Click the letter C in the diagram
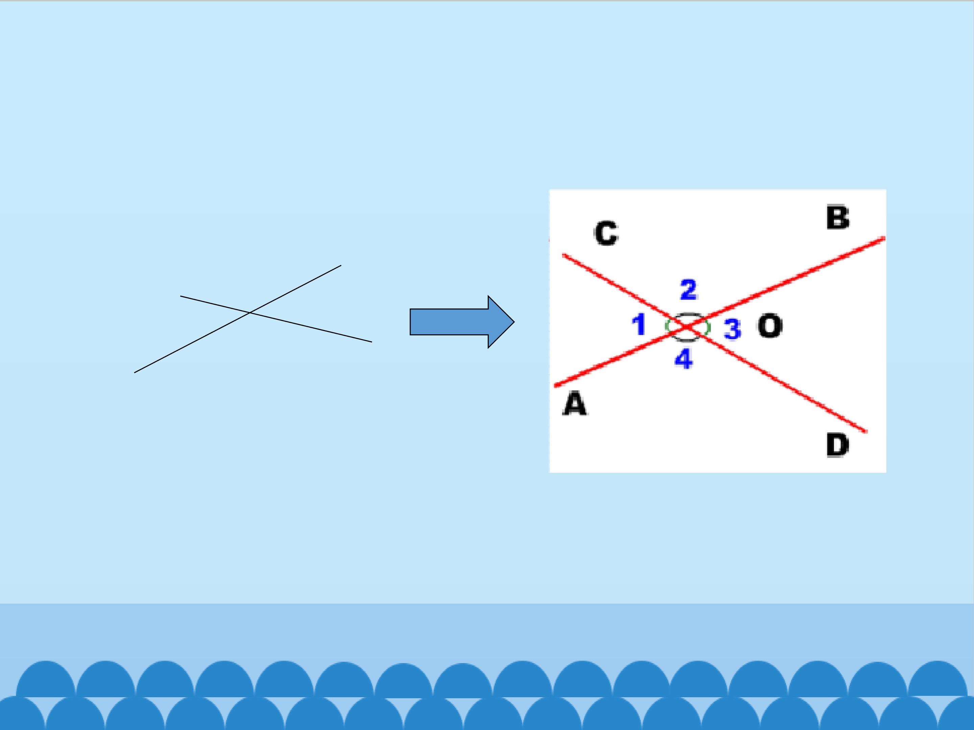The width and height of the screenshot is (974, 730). [606, 233]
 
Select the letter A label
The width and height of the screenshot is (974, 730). [575, 405]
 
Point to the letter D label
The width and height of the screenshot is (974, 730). [837, 445]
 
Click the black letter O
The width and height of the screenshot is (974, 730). [770, 326]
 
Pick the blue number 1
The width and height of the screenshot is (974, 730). [639, 325]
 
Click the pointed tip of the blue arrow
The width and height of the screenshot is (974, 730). [514, 322]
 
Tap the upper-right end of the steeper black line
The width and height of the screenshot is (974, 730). [341, 265]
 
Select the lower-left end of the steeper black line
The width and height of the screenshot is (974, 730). [134, 373]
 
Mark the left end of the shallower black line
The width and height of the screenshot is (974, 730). [181, 296]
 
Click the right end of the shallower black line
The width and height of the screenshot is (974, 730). [372, 342]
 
